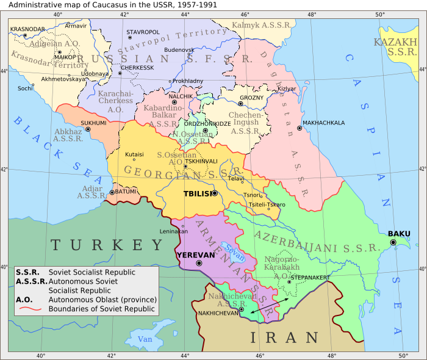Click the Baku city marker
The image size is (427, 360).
[393, 242]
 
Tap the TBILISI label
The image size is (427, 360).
[197, 194]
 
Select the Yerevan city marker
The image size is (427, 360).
[199, 263]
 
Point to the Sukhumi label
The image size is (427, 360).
[93, 123]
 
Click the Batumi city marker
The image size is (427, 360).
[112, 192]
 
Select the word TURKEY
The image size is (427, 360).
[107, 245]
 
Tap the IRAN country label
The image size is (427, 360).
[285, 337]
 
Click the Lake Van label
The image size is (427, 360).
[145, 339]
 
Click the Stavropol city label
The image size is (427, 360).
[143, 32]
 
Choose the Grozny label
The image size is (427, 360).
[251, 98]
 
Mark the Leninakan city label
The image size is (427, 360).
[174, 232]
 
